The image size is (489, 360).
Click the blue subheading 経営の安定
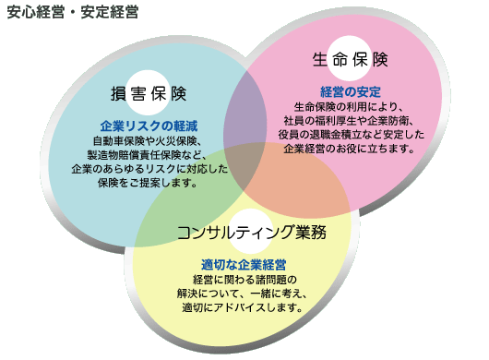pos(350,91)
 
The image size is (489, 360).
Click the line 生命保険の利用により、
pos(350,106)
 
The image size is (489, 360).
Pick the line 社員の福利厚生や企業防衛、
pos(350,121)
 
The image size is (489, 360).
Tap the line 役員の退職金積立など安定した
pos(350,135)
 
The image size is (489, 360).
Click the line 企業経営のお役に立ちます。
pos(350,150)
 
